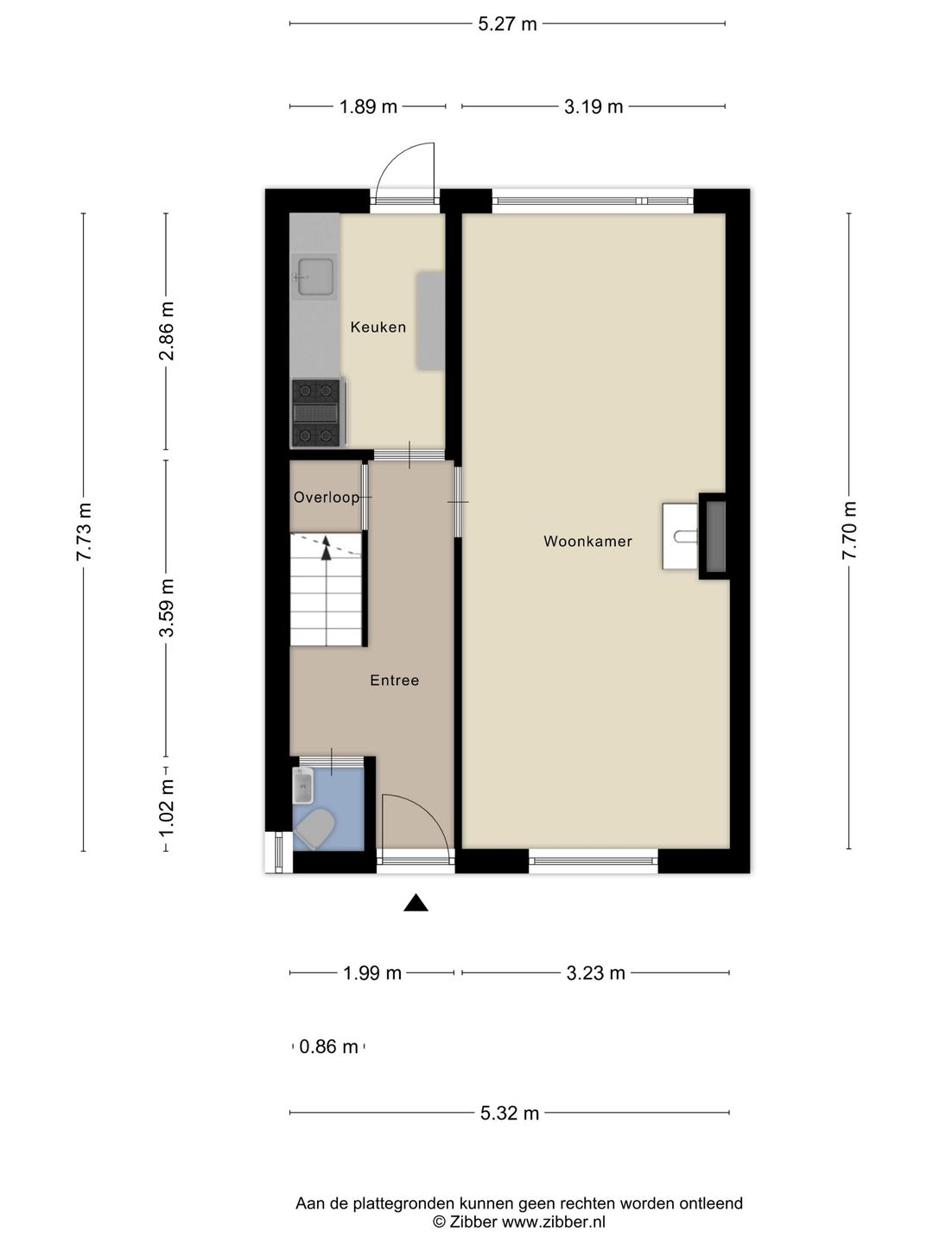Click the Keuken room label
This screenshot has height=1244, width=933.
(378, 327)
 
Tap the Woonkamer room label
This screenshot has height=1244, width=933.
(587, 542)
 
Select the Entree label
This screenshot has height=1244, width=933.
(394, 681)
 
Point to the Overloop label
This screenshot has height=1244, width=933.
(326, 498)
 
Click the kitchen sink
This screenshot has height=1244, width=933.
(314, 278)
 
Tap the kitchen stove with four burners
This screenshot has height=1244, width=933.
(314, 413)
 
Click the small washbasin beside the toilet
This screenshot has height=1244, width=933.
(302, 785)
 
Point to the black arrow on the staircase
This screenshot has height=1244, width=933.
(327, 548)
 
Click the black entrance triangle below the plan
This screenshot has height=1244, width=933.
(416, 903)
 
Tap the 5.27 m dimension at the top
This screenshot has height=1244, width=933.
(507, 24)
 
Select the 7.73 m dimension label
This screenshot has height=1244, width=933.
(84, 531)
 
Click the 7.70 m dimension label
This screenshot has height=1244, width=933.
(849, 530)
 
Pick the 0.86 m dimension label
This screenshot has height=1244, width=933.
(328, 1047)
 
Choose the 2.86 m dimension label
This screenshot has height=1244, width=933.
(167, 331)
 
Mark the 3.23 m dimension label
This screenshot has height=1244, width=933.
(595, 974)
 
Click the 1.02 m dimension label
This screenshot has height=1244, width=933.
(167, 807)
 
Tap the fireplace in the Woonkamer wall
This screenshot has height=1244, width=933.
(714, 536)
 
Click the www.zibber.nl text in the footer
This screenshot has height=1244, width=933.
(554, 1222)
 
